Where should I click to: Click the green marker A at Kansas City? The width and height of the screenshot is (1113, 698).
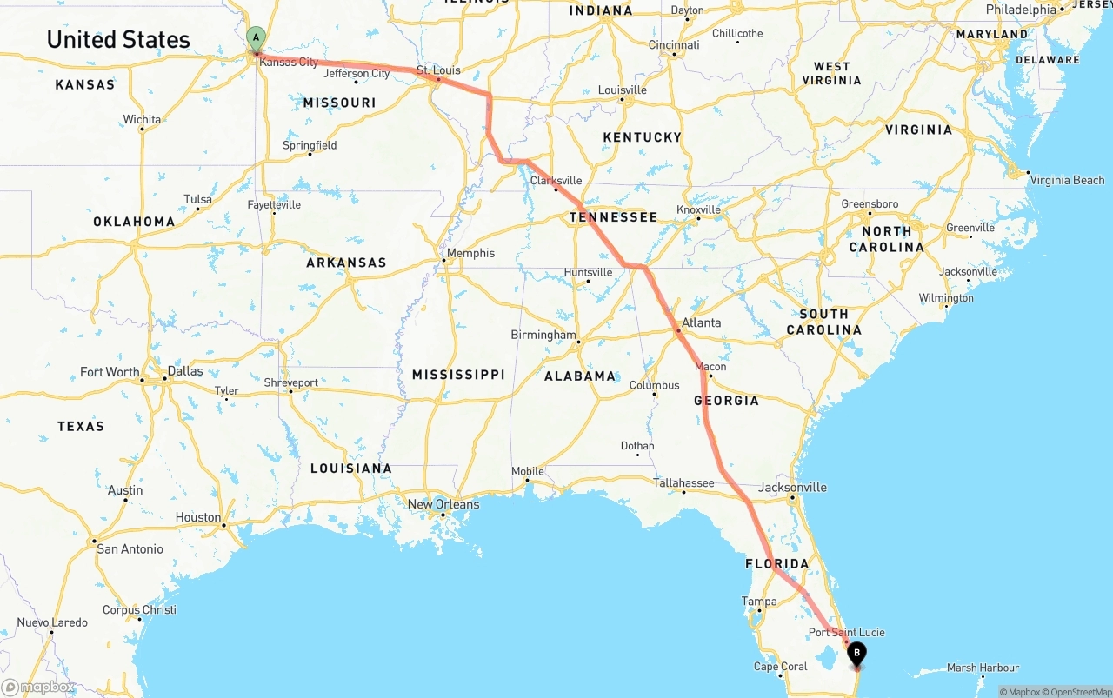coord(256,38)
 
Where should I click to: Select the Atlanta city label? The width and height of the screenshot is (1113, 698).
coord(701,322)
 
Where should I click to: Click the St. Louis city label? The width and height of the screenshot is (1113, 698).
coord(438,70)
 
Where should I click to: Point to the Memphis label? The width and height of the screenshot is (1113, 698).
coord(470,253)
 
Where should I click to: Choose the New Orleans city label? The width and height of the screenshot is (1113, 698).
coord(443,504)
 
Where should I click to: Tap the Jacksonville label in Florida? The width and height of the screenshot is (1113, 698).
coord(792,487)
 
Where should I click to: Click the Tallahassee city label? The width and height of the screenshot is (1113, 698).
coord(683,482)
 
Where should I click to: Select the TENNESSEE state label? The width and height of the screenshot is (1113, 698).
coord(613,216)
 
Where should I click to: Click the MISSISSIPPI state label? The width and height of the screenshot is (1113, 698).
coord(458,374)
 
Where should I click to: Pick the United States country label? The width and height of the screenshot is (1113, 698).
coord(118,39)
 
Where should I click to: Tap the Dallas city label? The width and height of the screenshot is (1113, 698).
coord(185,371)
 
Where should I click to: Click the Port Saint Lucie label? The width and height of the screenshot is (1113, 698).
coord(846,632)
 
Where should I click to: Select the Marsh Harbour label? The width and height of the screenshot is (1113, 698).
coord(983,668)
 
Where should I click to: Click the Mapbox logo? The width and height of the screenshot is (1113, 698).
coord(37,687)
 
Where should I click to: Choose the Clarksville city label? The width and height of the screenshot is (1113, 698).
coord(556,181)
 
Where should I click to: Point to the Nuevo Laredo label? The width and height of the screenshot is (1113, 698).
coord(52,622)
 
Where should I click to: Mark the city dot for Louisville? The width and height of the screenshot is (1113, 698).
coord(622,99)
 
